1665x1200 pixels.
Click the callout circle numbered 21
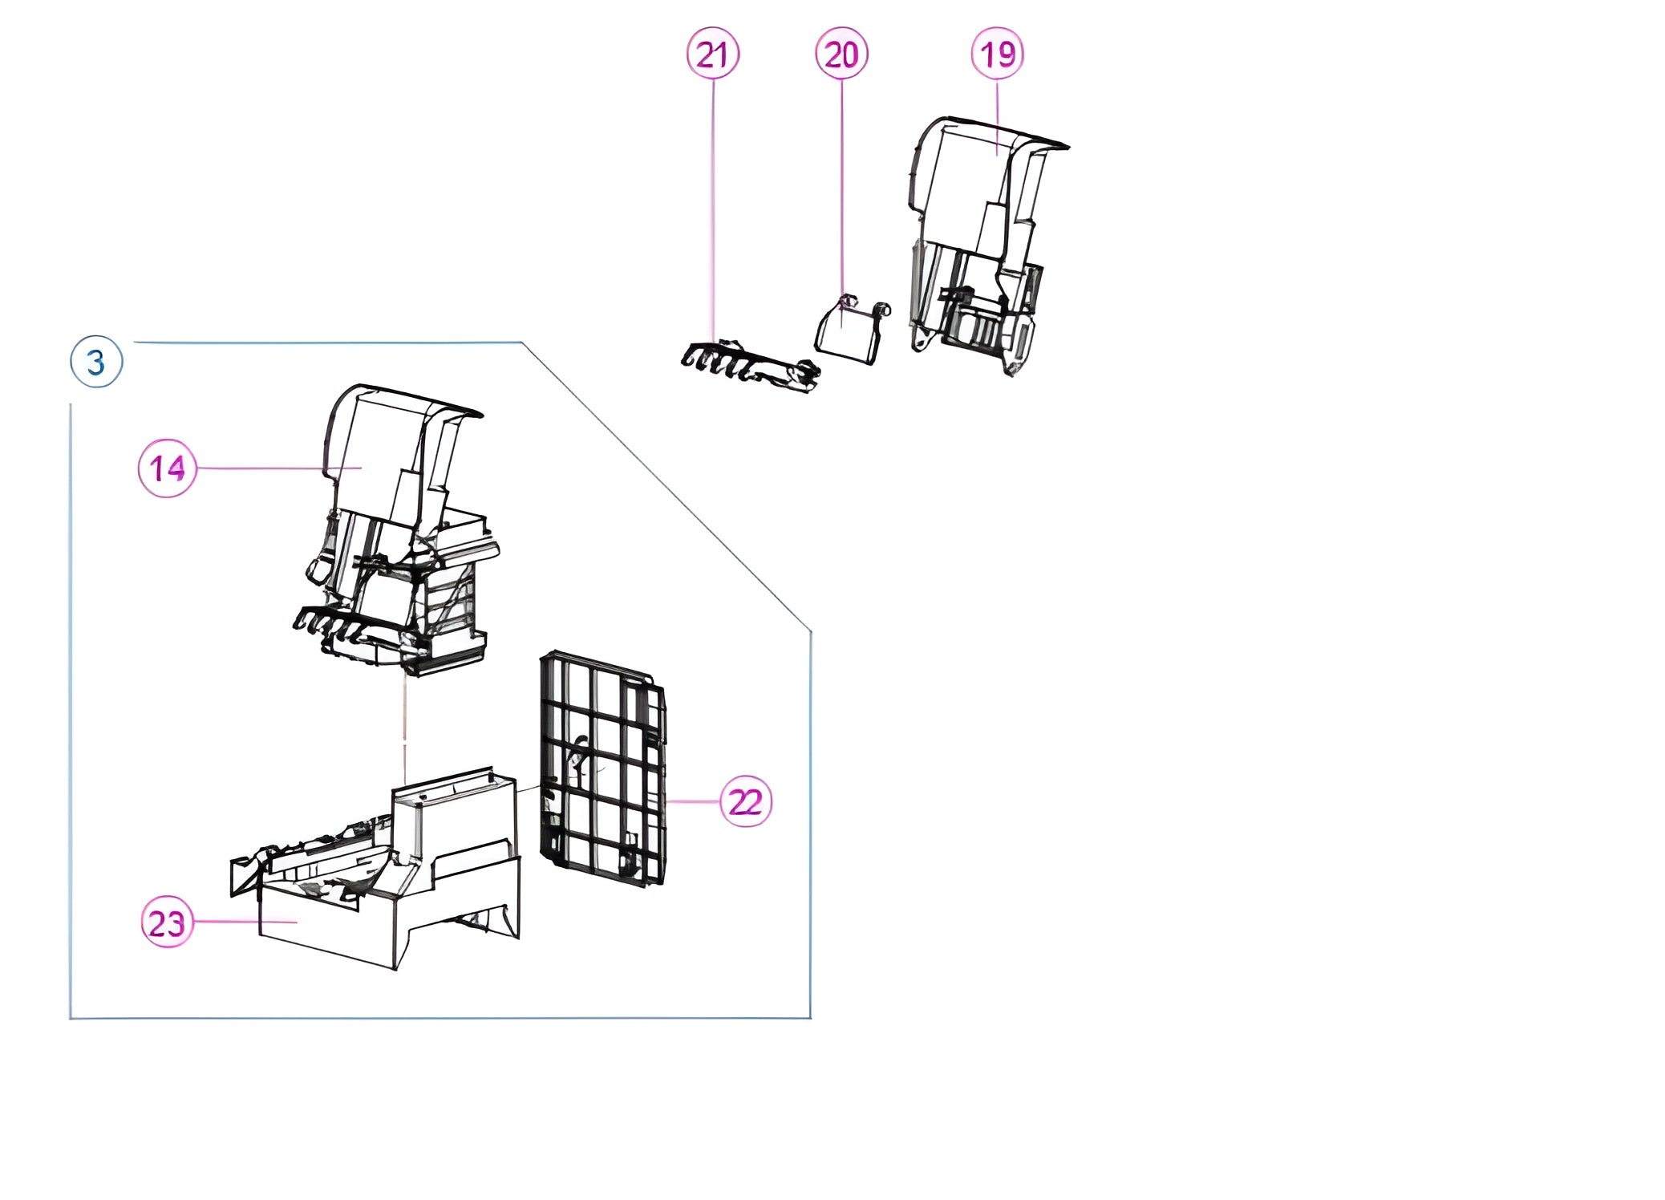tap(712, 54)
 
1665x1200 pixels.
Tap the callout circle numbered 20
tap(841, 54)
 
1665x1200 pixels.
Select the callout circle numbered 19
tap(997, 54)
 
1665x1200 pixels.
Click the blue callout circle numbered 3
tap(96, 362)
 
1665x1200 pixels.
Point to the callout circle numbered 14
tap(167, 468)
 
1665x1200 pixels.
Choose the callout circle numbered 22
tap(746, 801)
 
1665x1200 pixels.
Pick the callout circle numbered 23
tap(167, 922)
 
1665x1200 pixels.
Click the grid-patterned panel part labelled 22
tap(603, 768)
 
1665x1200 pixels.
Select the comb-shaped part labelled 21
tap(750, 367)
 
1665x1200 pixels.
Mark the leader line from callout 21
tap(713, 210)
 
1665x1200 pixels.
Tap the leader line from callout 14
tap(279, 468)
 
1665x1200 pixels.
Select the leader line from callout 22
tap(692, 801)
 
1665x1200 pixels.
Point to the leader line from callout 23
tap(245, 922)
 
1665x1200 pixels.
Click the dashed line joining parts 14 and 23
tap(405, 730)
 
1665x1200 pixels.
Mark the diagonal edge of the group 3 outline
tap(666, 487)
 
